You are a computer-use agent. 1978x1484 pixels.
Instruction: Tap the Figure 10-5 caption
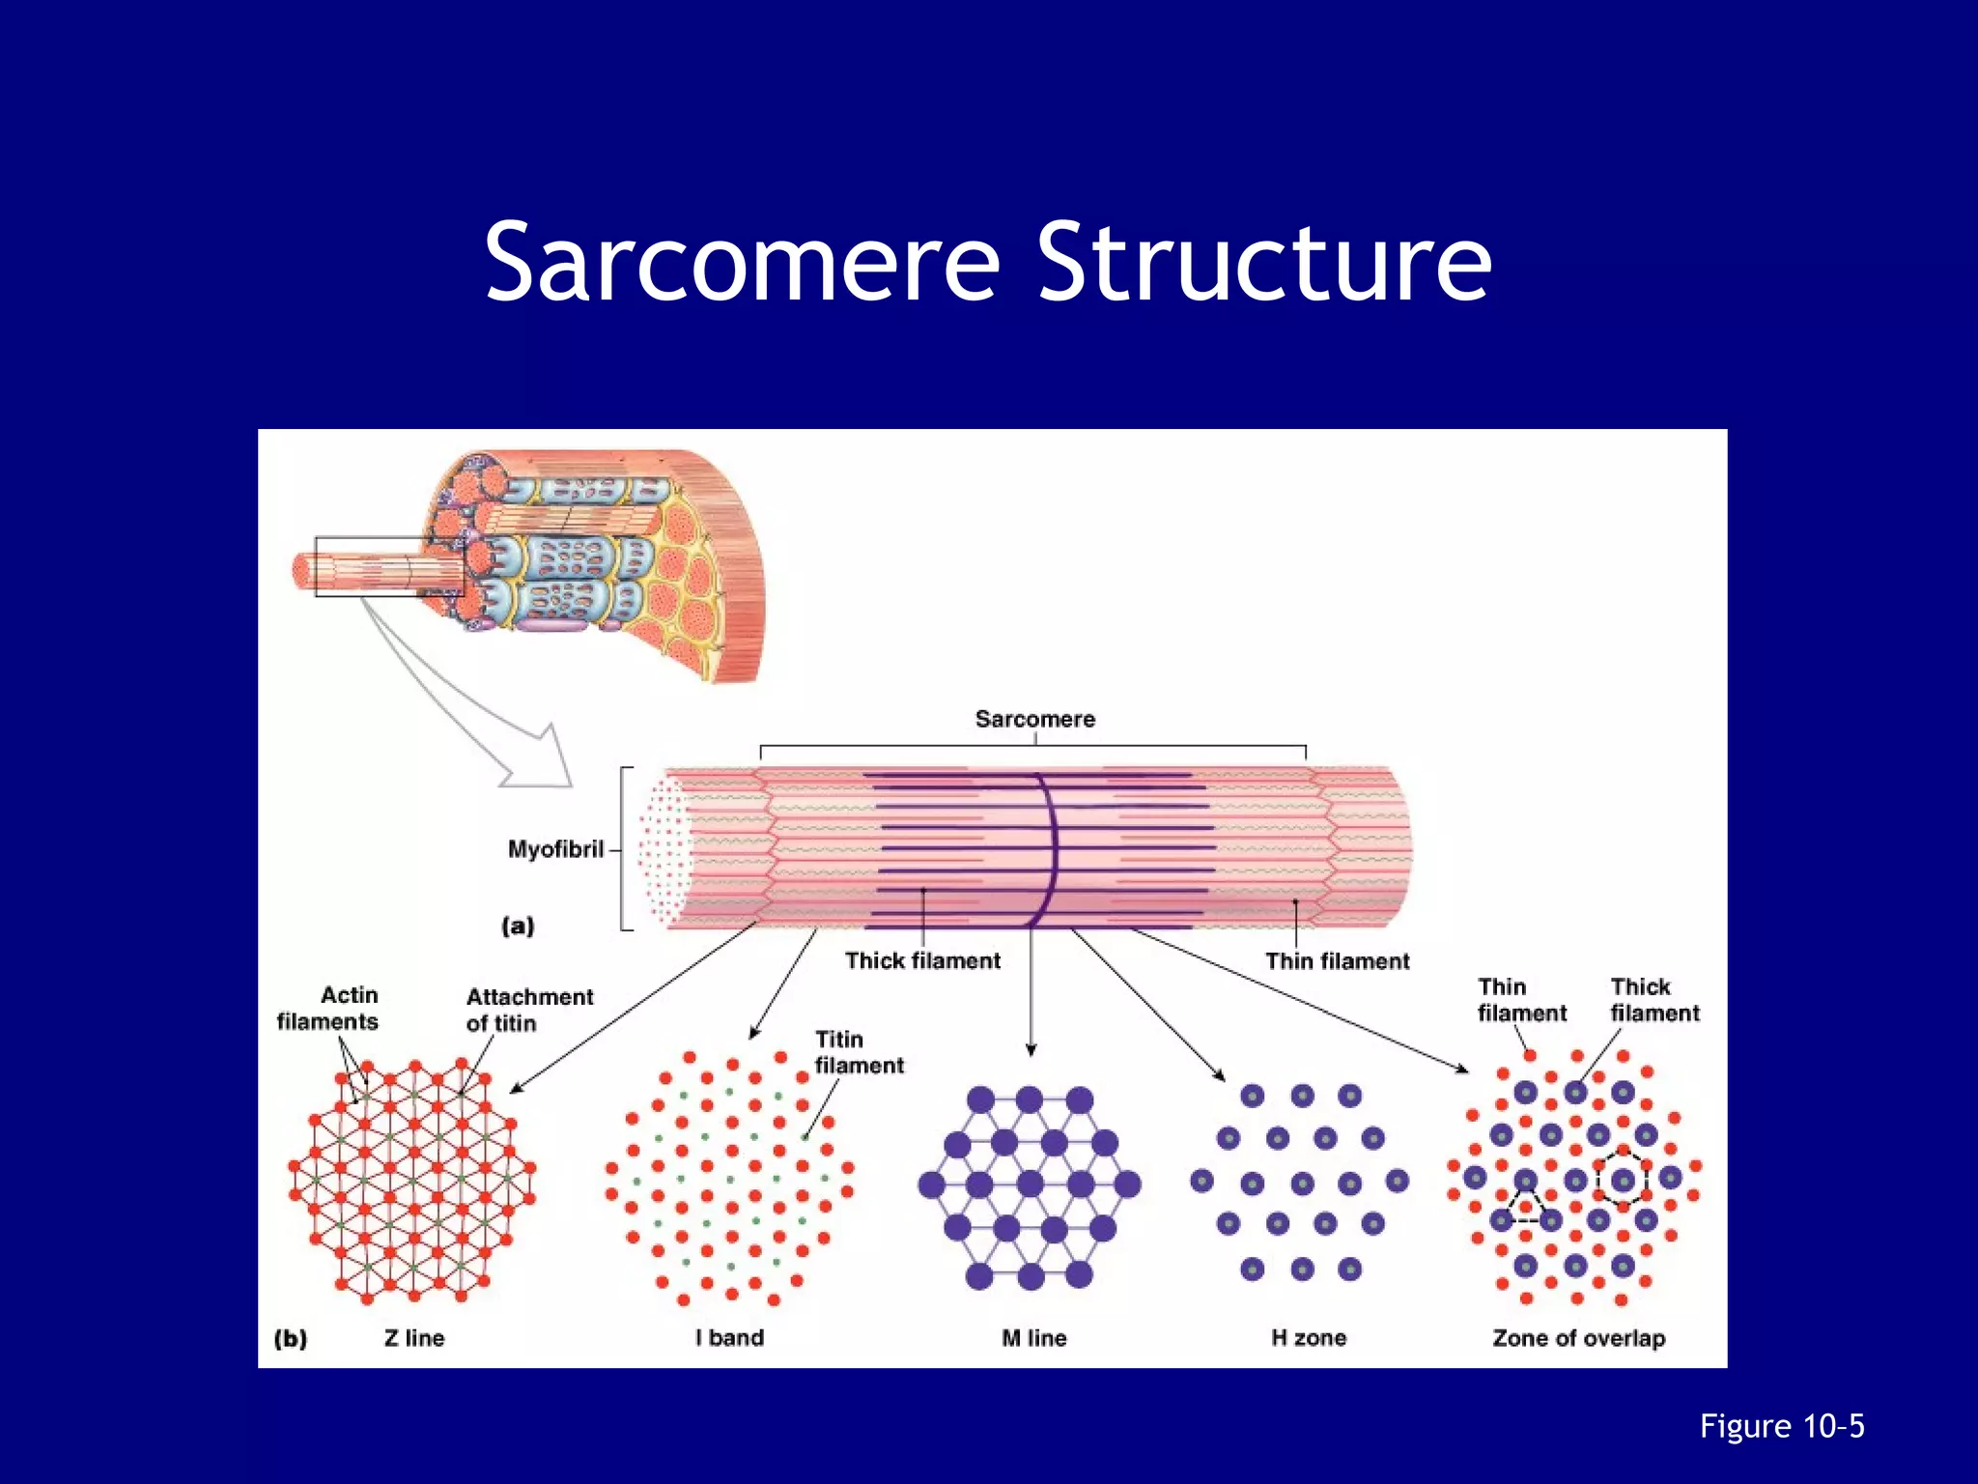pyautogui.click(x=1782, y=1426)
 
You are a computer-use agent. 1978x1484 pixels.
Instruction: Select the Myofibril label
pyautogui.click(x=555, y=849)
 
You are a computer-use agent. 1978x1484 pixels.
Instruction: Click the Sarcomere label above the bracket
pyautogui.click(x=1034, y=719)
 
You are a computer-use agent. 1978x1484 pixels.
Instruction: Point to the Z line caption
pyautogui.click(x=413, y=1338)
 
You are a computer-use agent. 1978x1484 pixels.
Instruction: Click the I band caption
pyautogui.click(x=729, y=1338)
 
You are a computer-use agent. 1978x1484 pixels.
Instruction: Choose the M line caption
pyautogui.click(x=1033, y=1338)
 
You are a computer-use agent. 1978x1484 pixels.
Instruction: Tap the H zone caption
pyautogui.click(x=1308, y=1338)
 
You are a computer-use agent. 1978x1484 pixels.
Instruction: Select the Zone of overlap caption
pyautogui.click(x=1578, y=1338)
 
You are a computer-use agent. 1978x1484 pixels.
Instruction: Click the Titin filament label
pyautogui.click(x=859, y=1052)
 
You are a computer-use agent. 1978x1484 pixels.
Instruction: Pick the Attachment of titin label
pyautogui.click(x=529, y=1010)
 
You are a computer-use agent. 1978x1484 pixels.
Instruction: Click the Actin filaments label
pyautogui.click(x=327, y=1008)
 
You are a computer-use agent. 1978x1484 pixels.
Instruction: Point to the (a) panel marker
pyautogui.click(x=518, y=926)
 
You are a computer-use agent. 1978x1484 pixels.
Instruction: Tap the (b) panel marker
pyautogui.click(x=291, y=1338)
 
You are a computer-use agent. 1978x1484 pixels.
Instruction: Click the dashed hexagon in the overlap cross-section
pyautogui.click(x=1623, y=1180)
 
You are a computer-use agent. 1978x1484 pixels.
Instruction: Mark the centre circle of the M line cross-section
pyautogui.click(x=1030, y=1184)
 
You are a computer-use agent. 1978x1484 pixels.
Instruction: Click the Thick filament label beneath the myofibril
pyautogui.click(x=922, y=960)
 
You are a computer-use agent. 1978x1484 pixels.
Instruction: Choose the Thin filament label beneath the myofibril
pyautogui.click(x=1337, y=960)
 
